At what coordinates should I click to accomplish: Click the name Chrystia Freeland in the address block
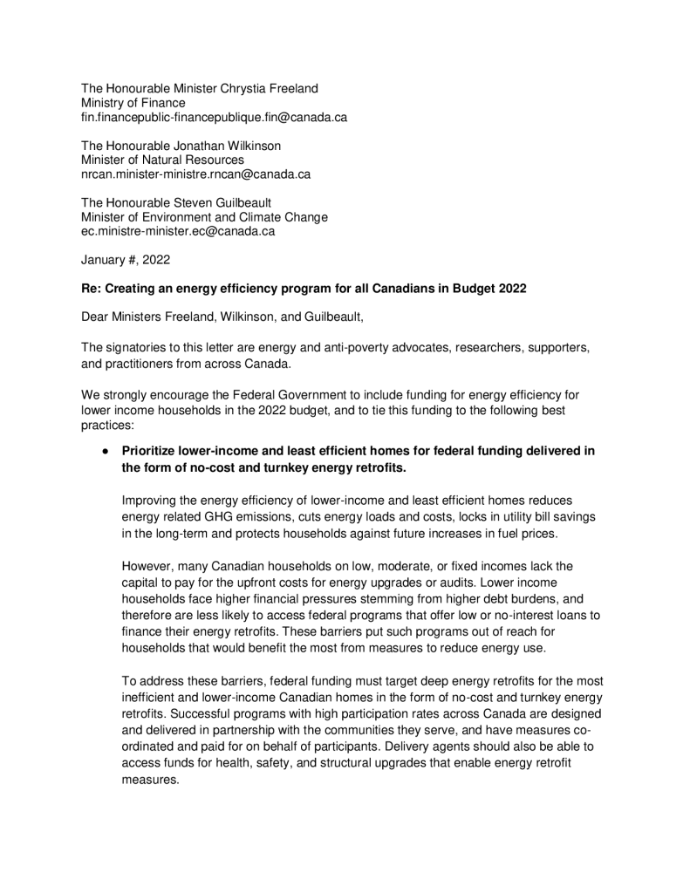(x=270, y=88)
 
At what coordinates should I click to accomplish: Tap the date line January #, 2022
(x=126, y=259)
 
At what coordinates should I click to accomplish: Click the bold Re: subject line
(x=304, y=288)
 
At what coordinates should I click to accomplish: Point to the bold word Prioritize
(x=151, y=451)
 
